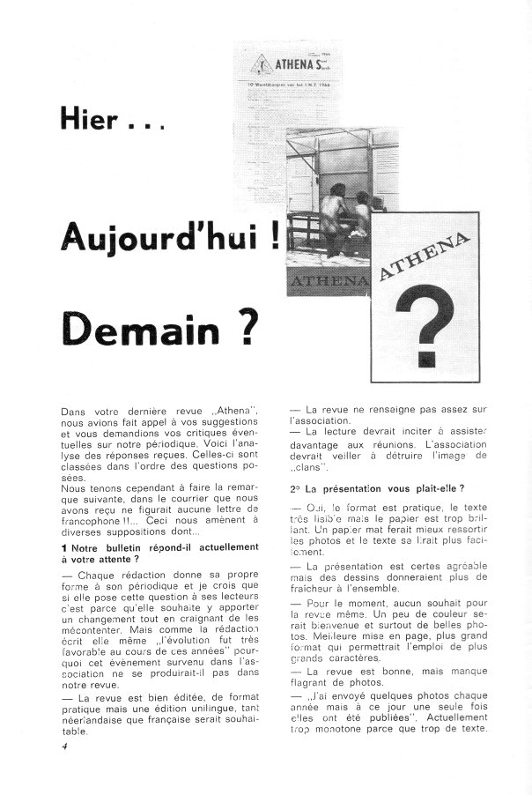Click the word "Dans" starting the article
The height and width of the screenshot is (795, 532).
[75, 413]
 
